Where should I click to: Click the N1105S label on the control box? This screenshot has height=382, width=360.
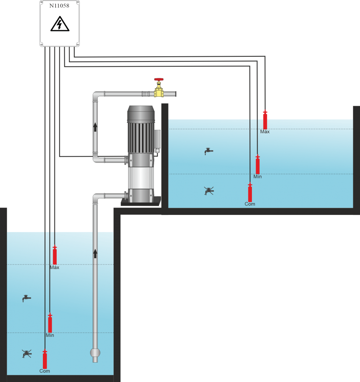(59, 6)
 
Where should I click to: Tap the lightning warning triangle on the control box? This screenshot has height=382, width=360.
(60, 25)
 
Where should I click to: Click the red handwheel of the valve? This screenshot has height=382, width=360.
(159, 80)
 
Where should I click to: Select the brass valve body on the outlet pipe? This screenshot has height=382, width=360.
(159, 91)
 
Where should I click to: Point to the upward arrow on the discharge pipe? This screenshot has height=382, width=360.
(95, 127)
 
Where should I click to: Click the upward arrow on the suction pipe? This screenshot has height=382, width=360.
(95, 254)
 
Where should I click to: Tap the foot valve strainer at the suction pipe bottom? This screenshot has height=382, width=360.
(95, 353)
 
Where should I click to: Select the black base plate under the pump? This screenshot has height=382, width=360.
(141, 203)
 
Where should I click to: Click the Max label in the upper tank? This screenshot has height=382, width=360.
(265, 132)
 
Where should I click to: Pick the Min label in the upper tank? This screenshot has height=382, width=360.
(258, 176)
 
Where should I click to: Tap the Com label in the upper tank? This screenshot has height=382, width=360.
(250, 204)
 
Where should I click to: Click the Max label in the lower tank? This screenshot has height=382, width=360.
(54, 267)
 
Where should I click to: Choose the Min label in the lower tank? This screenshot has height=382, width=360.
(50, 335)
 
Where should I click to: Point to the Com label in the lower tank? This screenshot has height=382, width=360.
(45, 371)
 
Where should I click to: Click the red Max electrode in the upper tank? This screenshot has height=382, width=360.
(265, 120)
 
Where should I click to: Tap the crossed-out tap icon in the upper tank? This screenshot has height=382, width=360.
(209, 191)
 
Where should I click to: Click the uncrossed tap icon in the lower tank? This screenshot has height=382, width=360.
(26, 298)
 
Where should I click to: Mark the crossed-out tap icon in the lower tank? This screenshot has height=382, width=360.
(26, 354)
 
